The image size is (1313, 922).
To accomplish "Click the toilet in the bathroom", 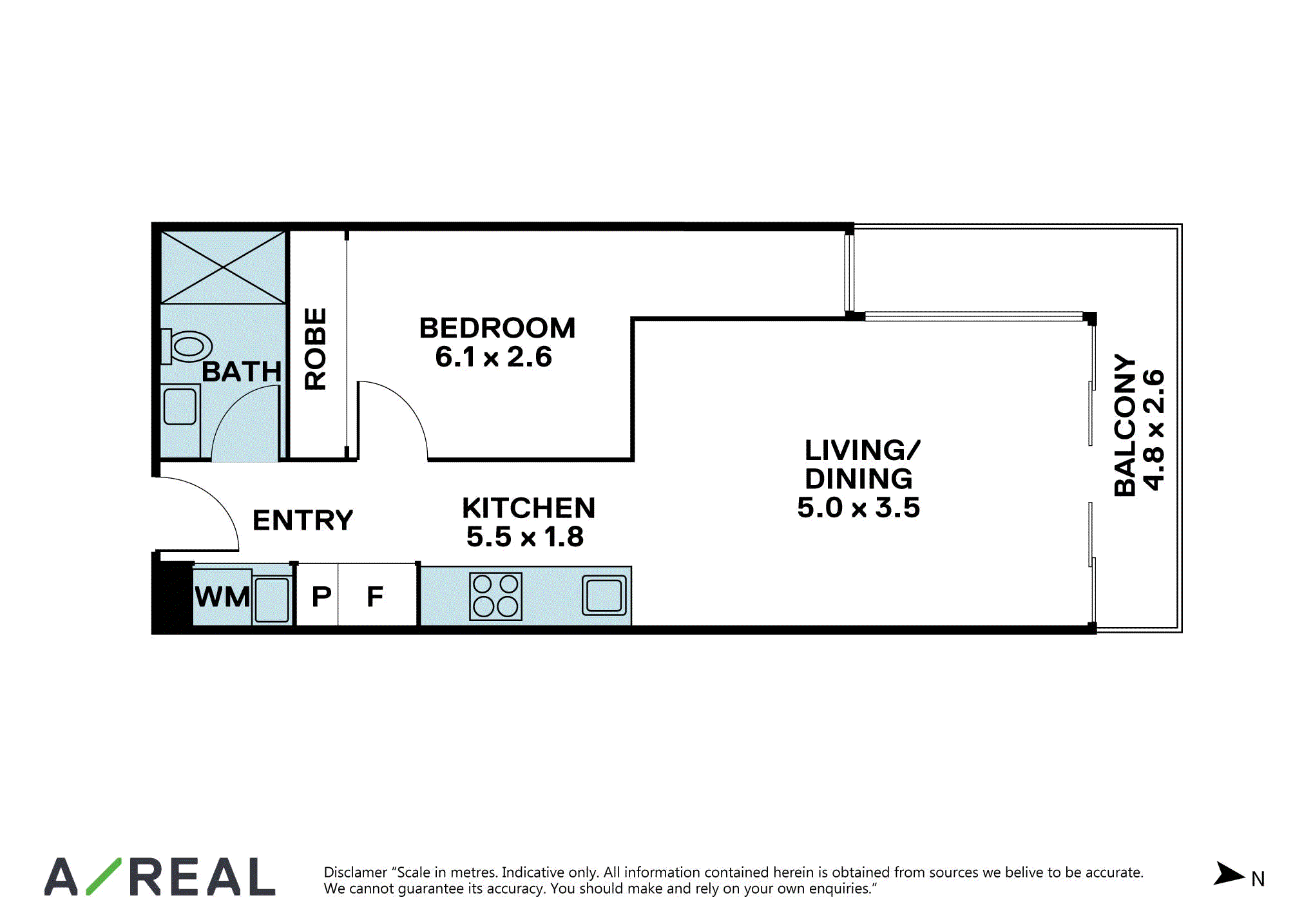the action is point(186,346).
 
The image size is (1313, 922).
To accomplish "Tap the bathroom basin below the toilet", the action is point(180,406).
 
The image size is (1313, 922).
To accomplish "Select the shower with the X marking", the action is point(223,267).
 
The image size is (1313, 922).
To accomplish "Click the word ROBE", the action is point(316,349).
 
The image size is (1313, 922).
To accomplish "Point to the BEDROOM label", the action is point(497,328).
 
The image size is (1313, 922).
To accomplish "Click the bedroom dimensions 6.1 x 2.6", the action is point(494,357).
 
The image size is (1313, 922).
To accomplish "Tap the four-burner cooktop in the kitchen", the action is point(495,596).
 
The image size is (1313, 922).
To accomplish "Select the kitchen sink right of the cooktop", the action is point(604,595).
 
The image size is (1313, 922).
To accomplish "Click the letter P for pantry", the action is point(321,597).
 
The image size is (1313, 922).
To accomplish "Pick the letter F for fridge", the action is point(375,597).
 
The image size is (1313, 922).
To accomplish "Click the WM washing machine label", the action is point(222,597).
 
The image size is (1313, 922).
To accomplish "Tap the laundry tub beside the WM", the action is point(272,599).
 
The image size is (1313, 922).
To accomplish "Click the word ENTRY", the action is point(303,520).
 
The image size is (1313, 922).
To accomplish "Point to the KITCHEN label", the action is point(529,508).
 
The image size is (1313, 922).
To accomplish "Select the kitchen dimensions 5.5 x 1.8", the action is point(525,537).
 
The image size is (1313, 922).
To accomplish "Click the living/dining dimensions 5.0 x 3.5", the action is point(859,508).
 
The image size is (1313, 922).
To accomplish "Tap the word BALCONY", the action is point(1125,425).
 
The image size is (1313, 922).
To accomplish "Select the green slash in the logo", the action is point(104,876).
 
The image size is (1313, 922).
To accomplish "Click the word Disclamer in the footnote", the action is point(355,872).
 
